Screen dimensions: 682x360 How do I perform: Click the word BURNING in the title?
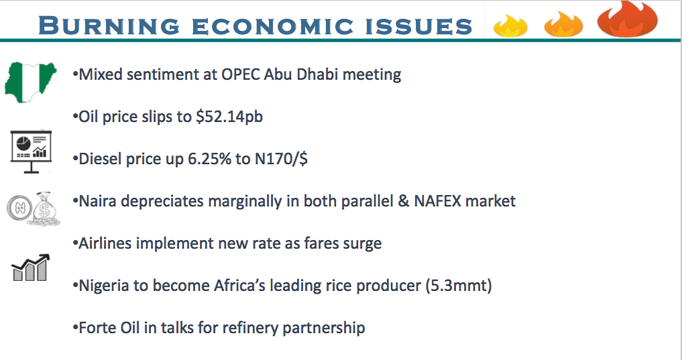click(109, 25)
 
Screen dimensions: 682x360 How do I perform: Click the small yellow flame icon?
click(510, 25)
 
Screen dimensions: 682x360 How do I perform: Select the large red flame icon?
click(627, 19)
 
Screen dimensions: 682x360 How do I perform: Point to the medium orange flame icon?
click(563, 24)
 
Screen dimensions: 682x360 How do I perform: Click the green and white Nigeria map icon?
click(30, 82)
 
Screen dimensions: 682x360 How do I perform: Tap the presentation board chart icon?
click(31, 152)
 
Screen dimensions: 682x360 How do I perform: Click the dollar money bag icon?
click(44, 208)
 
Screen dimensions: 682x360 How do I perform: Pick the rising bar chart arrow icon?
click(30, 267)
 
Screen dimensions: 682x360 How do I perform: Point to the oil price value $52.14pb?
click(229, 117)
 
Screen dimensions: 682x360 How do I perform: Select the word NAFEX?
click(437, 201)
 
